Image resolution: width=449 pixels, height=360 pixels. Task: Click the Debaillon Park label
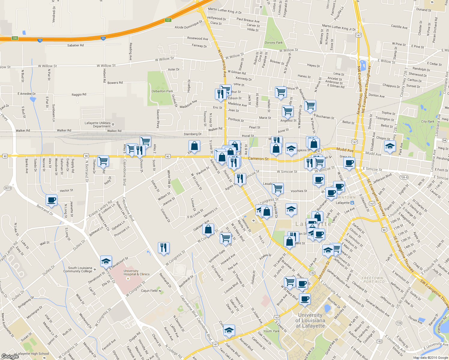[x=162, y=91]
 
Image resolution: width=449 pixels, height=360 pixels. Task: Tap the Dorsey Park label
[x=273, y=43]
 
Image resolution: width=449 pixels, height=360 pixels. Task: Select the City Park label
[x=428, y=121]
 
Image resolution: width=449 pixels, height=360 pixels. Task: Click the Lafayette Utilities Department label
[x=98, y=125]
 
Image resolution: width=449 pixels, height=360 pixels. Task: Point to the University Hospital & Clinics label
[x=136, y=272]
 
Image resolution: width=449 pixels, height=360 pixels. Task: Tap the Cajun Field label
[x=149, y=291]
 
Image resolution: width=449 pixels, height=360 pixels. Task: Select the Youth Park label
[x=271, y=331]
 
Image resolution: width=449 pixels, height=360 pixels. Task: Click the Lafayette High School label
[x=32, y=354]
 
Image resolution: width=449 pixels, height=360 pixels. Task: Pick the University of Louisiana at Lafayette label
[x=310, y=320]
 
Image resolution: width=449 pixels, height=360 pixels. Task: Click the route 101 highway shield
[x=168, y=20]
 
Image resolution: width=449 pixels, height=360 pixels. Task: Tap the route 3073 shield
[x=8, y=188]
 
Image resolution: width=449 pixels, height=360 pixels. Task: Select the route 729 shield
[x=399, y=323]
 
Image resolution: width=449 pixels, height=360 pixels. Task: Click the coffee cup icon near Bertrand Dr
[x=52, y=200]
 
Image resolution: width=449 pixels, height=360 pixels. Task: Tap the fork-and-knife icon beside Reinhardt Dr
[x=164, y=247]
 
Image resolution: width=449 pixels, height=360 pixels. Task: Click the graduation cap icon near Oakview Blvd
[x=229, y=330]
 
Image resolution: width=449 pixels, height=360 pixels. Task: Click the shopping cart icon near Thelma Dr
[x=103, y=161]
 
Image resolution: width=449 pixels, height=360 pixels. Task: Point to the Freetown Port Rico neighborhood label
[x=373, y=280]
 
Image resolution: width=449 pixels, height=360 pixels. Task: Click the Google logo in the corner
[x=10, y=356]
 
